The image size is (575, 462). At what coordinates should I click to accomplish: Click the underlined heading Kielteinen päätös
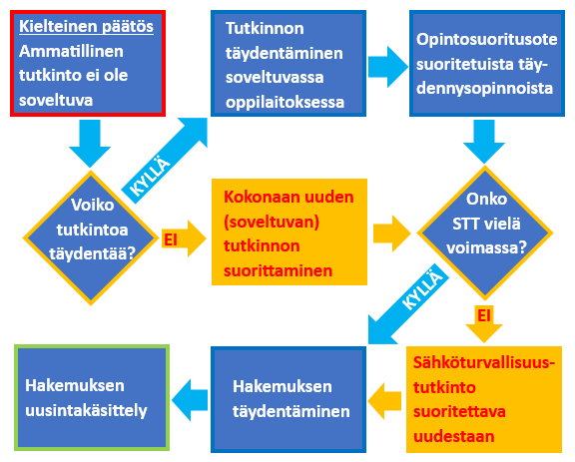click(86, 27)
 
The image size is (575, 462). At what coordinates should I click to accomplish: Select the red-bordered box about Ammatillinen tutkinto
click(88, 64)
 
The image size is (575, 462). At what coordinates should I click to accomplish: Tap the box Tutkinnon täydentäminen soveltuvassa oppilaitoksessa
click(288, 64)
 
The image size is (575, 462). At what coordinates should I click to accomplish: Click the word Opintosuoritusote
click(486, 39)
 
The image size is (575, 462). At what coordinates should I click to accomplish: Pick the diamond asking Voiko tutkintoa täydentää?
click(91, 237)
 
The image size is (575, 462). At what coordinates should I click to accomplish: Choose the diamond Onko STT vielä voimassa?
click(485, 232)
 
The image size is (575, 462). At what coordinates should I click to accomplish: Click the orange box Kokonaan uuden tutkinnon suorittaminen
click(289, 231)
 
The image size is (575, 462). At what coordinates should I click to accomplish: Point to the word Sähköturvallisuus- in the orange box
click(484, 362)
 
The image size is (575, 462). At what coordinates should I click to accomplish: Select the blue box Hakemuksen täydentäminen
click(288, 399)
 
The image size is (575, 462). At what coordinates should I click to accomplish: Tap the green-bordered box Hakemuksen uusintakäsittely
click(92, 397)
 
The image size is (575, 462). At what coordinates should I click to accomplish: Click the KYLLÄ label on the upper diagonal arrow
click(150, 177)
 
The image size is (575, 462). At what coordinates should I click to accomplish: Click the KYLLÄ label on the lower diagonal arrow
click(422, 289)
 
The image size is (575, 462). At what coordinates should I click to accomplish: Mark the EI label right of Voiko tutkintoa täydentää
click(171, 239)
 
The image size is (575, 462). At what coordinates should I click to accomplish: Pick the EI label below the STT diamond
click(484, 315)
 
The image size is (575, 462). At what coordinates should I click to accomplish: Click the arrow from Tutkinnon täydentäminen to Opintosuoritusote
click(388, 67)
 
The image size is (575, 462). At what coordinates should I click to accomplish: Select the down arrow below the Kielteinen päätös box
click(90, 144)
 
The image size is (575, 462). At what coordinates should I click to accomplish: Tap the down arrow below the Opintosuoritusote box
click(484, 142)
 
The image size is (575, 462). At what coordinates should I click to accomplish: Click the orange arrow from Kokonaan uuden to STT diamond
click(392, 233)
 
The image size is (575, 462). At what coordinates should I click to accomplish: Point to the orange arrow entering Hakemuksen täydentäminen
click(384, 401)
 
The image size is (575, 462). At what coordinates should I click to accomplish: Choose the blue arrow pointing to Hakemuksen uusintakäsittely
click(190, 400)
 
